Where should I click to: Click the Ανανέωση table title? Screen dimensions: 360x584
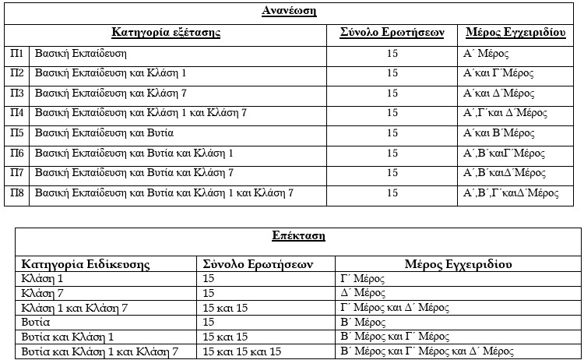coord(288,11)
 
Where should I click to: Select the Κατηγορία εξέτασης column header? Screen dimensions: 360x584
coord(166,33)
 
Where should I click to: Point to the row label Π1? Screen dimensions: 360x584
coord(16,54)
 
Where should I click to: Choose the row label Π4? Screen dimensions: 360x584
coord(16,113)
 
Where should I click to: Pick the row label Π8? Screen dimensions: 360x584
coord(16,192)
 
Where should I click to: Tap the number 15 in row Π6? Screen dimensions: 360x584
coord(392,153)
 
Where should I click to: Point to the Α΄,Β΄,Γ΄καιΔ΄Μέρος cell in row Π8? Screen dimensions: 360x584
coord(511,192)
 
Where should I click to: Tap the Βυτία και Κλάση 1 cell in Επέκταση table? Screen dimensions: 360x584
coord(69,337)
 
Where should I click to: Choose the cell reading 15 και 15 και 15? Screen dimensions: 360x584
coord(241,351)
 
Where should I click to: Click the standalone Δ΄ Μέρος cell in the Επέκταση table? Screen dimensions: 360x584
coord(364,293)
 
